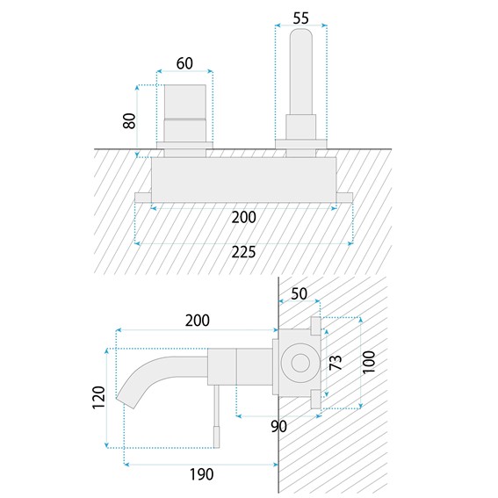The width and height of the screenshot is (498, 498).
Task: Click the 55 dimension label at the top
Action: click(x=300, y=18)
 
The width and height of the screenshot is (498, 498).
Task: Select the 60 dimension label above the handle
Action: click(x=184, y=63)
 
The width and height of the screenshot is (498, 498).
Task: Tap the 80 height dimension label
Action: click(x=129, y=121)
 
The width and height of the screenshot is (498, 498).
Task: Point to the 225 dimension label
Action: click(x=243, y=252)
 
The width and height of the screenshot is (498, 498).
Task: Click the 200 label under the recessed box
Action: click(x=243, y=218)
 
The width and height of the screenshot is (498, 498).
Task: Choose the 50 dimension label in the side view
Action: click(x=299, y=293)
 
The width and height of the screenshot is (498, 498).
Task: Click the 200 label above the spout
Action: click(x=198, y=321)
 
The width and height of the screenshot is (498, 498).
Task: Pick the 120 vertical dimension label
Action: click(x=98, y=398)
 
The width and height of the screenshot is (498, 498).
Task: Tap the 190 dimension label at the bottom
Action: click(x=202, y=474)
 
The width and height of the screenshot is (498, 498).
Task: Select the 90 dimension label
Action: click(x=278, y=426)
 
